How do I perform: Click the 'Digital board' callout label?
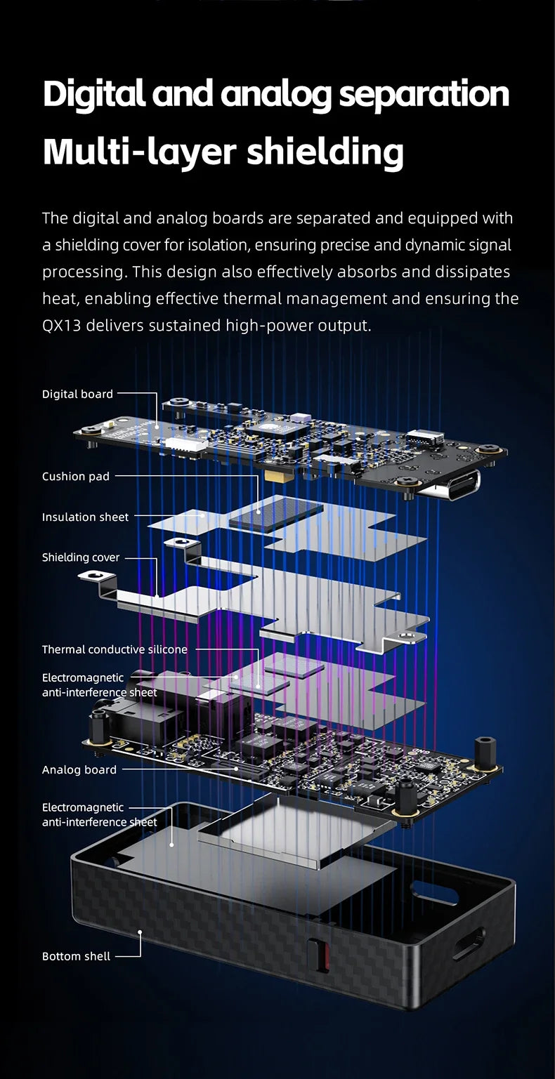[77, 394]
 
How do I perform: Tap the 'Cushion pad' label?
[76, 477]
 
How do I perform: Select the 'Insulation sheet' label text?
[85, 517]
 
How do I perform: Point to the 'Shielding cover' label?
[81, 557]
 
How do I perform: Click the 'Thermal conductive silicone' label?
[115, 649]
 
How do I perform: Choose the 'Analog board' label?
[79, 769]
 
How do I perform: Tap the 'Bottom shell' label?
[76, 956]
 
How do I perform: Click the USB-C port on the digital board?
[448, 485]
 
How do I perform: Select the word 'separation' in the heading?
[424, 93]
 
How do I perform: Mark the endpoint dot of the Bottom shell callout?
[140, 932]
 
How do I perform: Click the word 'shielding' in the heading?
[325, 152]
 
